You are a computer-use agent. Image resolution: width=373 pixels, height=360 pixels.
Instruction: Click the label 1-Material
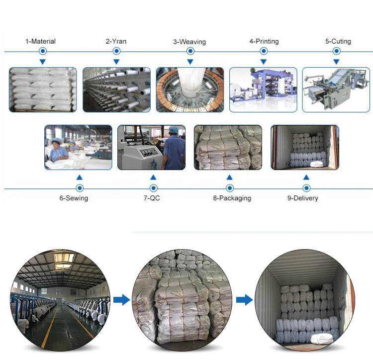pyautogui.click(x=41, y=41)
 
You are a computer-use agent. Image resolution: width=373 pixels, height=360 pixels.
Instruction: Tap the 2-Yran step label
pyautogui.click(x=116, y=41)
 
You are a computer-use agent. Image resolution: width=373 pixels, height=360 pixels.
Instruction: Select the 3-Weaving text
pyautogui.click(x=189, y=42)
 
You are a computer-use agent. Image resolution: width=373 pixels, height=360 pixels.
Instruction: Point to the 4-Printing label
pyautogui.click(x=264, y=41)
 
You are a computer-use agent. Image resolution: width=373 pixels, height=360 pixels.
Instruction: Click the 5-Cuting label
pyautogui.click(x=338, y=41)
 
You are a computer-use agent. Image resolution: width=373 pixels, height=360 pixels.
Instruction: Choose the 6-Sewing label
pyautogui.click(x=74, y=198)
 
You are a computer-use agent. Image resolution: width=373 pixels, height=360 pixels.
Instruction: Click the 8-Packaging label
pyautogui.click(x=232, y=198)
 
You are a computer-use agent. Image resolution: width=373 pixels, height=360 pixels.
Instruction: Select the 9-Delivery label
pyautogui.click(x=302, y=198)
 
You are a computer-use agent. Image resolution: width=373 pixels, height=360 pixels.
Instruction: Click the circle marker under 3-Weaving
pyautogui.click(x=190, y=51)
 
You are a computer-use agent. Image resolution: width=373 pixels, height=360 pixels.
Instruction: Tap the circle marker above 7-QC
pyautogui.click(x=153, y=188)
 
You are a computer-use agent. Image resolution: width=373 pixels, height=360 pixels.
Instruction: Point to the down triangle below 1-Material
pyautogui.click(x=43, y=61)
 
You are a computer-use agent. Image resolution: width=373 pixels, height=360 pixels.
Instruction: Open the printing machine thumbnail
pyautogui.click(x=263, y=90)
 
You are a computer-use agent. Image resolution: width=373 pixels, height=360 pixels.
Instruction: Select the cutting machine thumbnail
pyautogui.click(x=336, y=90)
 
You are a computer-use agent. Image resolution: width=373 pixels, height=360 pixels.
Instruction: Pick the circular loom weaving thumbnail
pyautogui.click(x=189, y=90)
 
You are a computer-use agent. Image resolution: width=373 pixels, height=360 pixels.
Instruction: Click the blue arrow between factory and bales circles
pyautogui.click(x=121, y=299)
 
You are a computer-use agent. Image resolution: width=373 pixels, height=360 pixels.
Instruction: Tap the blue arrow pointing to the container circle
pyautogui.click(x=244, y=299)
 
